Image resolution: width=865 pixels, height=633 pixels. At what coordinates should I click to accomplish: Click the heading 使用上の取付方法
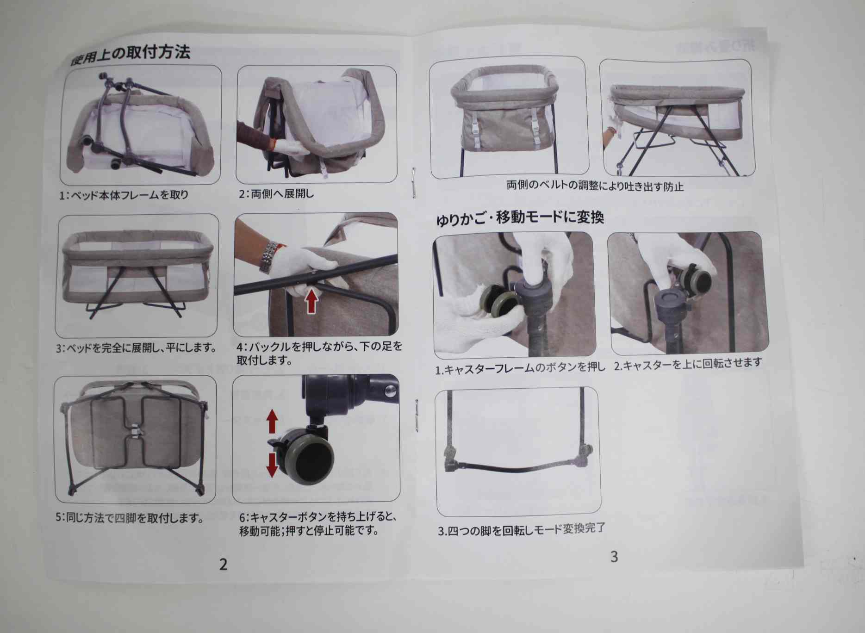click(130, 55)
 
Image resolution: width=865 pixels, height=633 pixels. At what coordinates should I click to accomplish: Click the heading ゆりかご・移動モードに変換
click(520, 218)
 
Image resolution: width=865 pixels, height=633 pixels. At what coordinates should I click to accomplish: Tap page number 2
click(224, 564)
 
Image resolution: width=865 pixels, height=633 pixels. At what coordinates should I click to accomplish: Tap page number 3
click(614, 557)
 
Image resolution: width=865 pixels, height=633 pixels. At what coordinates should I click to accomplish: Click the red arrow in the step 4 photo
click(313, 300)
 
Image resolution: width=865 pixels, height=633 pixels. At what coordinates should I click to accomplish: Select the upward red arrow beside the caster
click(272, 422)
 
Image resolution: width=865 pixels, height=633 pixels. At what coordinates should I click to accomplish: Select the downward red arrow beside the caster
click(272, 465)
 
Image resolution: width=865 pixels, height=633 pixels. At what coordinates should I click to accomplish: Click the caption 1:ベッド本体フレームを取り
click(124, 195)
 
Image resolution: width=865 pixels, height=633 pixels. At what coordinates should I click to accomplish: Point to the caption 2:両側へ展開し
click(276, 193)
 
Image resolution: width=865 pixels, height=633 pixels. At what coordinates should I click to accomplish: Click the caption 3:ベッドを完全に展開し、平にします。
click(136, 348)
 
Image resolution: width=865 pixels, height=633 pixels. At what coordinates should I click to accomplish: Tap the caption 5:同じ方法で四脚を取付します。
click(130, 517)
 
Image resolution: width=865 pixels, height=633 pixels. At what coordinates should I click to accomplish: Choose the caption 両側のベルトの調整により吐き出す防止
click(595, 186)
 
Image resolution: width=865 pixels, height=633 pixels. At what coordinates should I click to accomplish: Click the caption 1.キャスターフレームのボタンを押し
click(520, 368)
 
